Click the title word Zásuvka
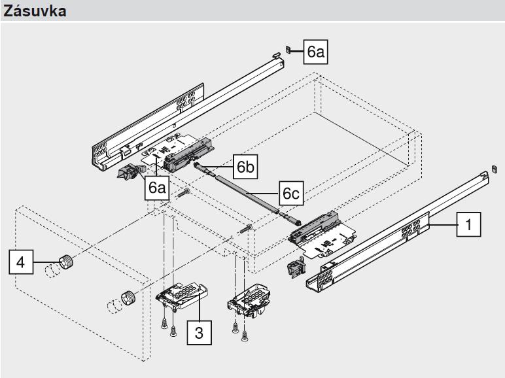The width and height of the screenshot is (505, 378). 35,11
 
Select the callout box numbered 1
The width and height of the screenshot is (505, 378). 468,224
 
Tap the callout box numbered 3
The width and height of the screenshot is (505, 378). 200,333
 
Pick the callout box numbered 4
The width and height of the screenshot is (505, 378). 21,262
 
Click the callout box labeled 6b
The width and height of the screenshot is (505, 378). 245,167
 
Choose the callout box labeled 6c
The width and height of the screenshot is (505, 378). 291,193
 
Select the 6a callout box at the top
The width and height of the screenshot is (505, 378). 315,52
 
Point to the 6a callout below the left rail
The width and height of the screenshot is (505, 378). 157,188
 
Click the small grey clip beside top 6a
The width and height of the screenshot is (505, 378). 288,50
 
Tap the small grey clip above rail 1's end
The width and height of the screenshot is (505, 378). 495,169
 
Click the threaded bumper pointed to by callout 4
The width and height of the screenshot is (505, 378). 66,261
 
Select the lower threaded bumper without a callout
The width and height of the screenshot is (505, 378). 128,298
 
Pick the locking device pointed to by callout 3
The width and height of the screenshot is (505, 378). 181,296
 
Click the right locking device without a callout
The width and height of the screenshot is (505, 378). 249,300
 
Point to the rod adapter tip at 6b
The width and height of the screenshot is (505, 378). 203,169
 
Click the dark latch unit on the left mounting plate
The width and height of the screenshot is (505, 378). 188,155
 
